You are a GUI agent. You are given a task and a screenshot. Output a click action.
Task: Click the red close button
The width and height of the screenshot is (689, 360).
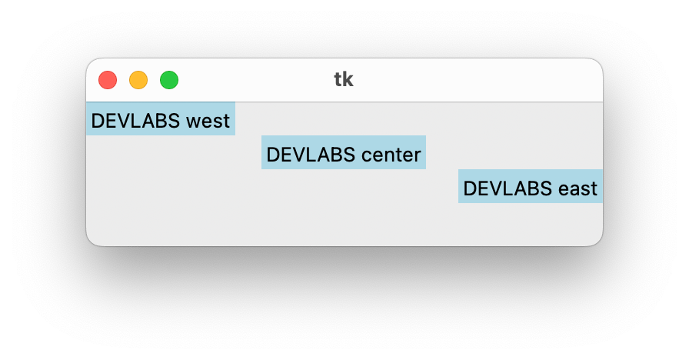tap(108, 79)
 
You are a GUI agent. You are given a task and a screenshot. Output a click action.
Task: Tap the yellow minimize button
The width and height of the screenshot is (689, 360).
tap(138, 79)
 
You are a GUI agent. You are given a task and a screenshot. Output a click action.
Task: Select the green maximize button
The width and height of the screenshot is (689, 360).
tap(169, 79)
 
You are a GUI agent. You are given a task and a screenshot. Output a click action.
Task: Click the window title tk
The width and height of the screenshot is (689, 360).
tap(344, 79)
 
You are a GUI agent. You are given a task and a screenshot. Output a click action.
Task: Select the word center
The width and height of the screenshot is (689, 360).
tap(391, 155)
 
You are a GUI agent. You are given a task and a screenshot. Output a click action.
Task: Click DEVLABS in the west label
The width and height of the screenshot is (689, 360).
tap(135, 121)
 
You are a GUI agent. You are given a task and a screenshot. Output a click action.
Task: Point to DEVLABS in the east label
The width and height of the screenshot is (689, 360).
tap(508, 188)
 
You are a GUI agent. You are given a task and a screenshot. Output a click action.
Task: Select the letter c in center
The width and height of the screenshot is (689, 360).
tap(367, 155)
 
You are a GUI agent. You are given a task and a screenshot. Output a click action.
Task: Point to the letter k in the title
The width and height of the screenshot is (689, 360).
tap(348, 79)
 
